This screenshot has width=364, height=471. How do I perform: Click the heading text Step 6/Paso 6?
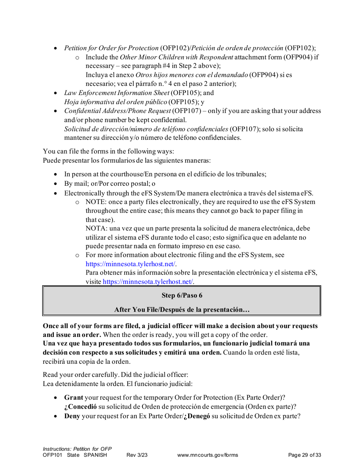(x=182, y=295)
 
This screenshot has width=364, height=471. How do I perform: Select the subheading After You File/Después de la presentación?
(x=182, y=309)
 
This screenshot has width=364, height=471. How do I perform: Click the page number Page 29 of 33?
(x=304, y=455)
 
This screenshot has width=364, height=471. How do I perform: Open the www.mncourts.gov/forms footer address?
(x=208, y=455)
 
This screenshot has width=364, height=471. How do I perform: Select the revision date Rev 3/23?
(x=137, y=455)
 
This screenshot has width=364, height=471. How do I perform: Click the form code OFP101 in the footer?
(x=53, y=455)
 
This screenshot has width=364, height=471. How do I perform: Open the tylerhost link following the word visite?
(x=148, y=282)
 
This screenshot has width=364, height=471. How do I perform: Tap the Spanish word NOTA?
(x=96, y=229)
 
